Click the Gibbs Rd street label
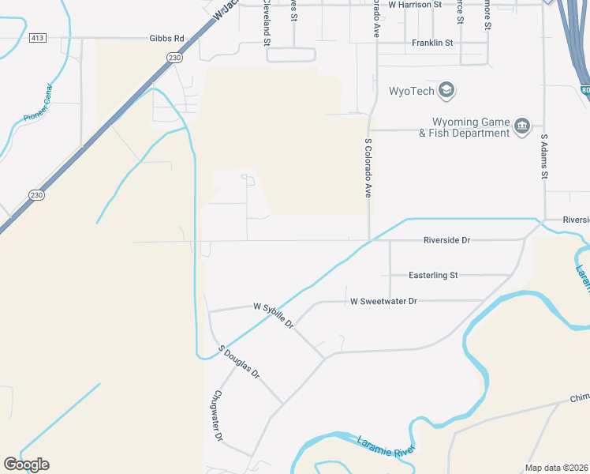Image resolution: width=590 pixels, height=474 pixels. (x=166, y=38)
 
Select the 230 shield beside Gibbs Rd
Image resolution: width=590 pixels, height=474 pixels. (x=174, y=57)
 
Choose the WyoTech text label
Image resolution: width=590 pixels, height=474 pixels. (x=411, y=90)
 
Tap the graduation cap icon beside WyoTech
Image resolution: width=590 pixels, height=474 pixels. (x=446, y=90)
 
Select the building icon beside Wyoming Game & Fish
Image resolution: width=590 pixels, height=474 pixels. (x=521, y=126)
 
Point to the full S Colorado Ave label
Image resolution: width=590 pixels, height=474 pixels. (x=368, y=167)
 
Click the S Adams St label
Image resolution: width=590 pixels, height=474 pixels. (x=543, y=159)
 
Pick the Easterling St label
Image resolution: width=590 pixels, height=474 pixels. (x=433, y=276)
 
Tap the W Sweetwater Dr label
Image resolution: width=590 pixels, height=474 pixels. (x=383, y=301)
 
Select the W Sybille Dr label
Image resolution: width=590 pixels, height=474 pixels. (x=273, y=314)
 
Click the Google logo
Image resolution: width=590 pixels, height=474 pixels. (x=26, y=465)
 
